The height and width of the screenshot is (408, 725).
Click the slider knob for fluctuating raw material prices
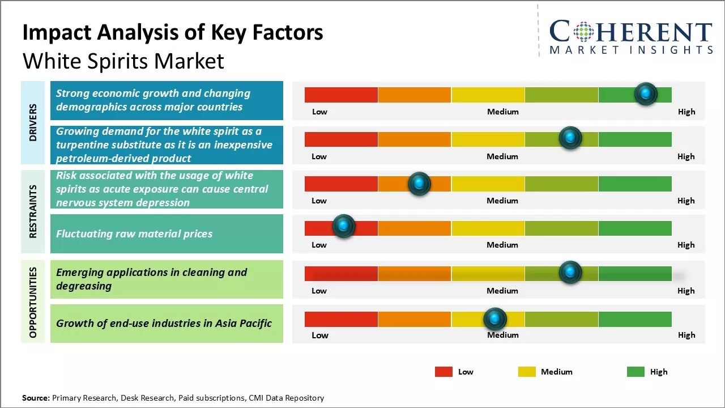(343, 226)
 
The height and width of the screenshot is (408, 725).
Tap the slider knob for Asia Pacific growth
(495, 319)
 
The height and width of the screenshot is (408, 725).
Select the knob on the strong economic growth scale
(646, 93)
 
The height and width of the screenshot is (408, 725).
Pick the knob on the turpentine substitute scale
(570, 138)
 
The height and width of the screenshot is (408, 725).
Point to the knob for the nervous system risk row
(419, 184)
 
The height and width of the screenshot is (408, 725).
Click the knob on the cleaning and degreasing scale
(570, 273)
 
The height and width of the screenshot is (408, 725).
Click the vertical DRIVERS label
(32, 122)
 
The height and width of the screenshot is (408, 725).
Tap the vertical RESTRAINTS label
(32, 211)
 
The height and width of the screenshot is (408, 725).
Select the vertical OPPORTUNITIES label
(32, 302)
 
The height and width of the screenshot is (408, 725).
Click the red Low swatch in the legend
(443, 372)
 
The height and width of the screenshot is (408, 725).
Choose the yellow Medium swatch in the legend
(527, 372)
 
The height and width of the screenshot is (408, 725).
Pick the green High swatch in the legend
(636, 372)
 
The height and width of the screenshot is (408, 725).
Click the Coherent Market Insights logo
(630, 37)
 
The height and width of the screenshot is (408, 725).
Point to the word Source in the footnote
(36, 398)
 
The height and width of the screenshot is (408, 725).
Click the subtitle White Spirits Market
(123, 61)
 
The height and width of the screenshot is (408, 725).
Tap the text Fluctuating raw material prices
(134, 233)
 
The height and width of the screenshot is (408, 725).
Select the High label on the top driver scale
(686, 112)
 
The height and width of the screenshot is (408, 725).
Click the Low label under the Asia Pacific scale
(320, 335)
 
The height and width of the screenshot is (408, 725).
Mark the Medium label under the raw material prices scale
(502, 245)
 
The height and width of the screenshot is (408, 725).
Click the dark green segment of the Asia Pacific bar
(634, 320)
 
